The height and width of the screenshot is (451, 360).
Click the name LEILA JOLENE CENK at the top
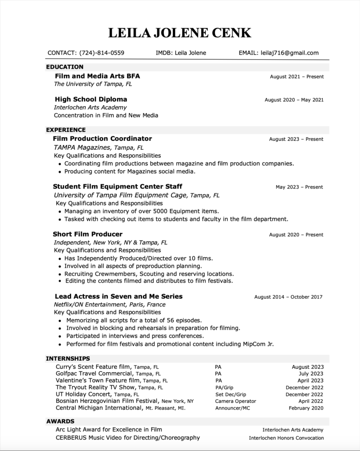click(180, 33)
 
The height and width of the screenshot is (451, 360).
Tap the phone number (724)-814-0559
click(102, 53)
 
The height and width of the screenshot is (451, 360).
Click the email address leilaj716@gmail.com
click(289, 53)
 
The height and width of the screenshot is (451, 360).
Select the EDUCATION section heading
click(65, 67)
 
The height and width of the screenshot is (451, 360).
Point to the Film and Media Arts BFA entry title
click(97, 76)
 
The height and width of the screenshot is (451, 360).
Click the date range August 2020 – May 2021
click(294, 100)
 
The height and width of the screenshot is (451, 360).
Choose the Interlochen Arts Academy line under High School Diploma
click(90, 107)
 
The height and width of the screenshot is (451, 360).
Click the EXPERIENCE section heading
click(66, 130)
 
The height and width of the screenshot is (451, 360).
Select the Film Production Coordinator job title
click(102, 138)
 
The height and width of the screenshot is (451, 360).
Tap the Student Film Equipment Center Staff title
click(118, 186)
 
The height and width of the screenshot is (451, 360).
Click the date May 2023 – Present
click(299, 187)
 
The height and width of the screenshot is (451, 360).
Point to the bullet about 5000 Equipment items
click(141, 211)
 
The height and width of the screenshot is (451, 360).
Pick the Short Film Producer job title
click(88, 234)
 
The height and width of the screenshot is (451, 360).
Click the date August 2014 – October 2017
click(288, 297)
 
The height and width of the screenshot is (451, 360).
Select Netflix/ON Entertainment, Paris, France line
click(110, 304)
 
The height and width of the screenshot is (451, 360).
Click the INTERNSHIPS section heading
click(68, 359)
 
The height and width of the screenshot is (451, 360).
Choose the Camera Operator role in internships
click(235, 401)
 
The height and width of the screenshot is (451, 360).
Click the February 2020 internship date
click(306, 408)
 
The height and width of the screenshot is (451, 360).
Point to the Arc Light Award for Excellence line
click(109, 429)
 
